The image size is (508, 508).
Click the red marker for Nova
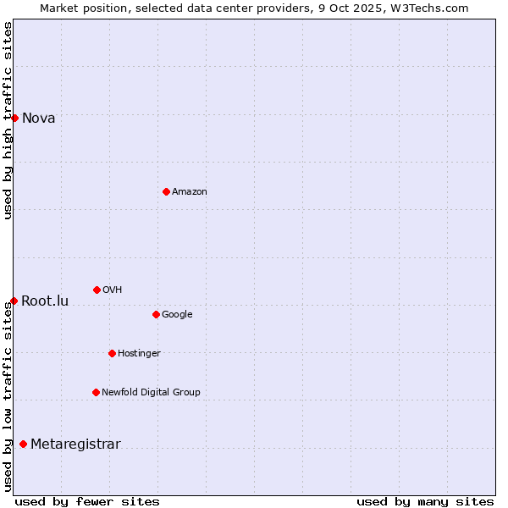tap(14, 118)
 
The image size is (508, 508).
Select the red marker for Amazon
tap(166, 191)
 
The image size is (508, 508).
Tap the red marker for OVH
tap(97, 290)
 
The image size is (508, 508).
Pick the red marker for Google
tap(156, 314)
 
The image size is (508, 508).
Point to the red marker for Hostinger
tap(112, 353)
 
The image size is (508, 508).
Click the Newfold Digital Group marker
tap(96, 392)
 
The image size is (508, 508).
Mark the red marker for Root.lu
tap(14, 301)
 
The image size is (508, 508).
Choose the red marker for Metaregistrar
tap(23, 444)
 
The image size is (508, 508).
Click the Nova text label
tap(39, 119)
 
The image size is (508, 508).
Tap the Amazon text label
tap(190, 192)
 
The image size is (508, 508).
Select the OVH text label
tap(113, 290)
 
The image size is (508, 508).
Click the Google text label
tap(177, 315)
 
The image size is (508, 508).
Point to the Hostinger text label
tap(139, 354)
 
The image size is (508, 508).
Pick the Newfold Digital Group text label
tap(151, 393)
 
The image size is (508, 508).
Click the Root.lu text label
tap(45, 301)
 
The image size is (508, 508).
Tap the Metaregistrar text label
tap(75, 444)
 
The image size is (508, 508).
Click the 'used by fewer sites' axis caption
tap(87, 501)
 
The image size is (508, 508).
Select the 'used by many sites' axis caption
tap(425, 501)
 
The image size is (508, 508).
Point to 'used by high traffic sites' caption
tap(8, 120)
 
